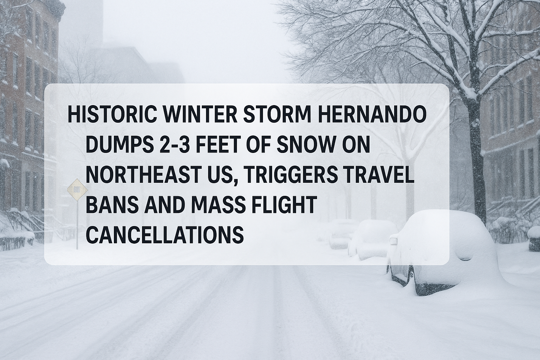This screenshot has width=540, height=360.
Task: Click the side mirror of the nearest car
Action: click(x=393, y=240)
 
